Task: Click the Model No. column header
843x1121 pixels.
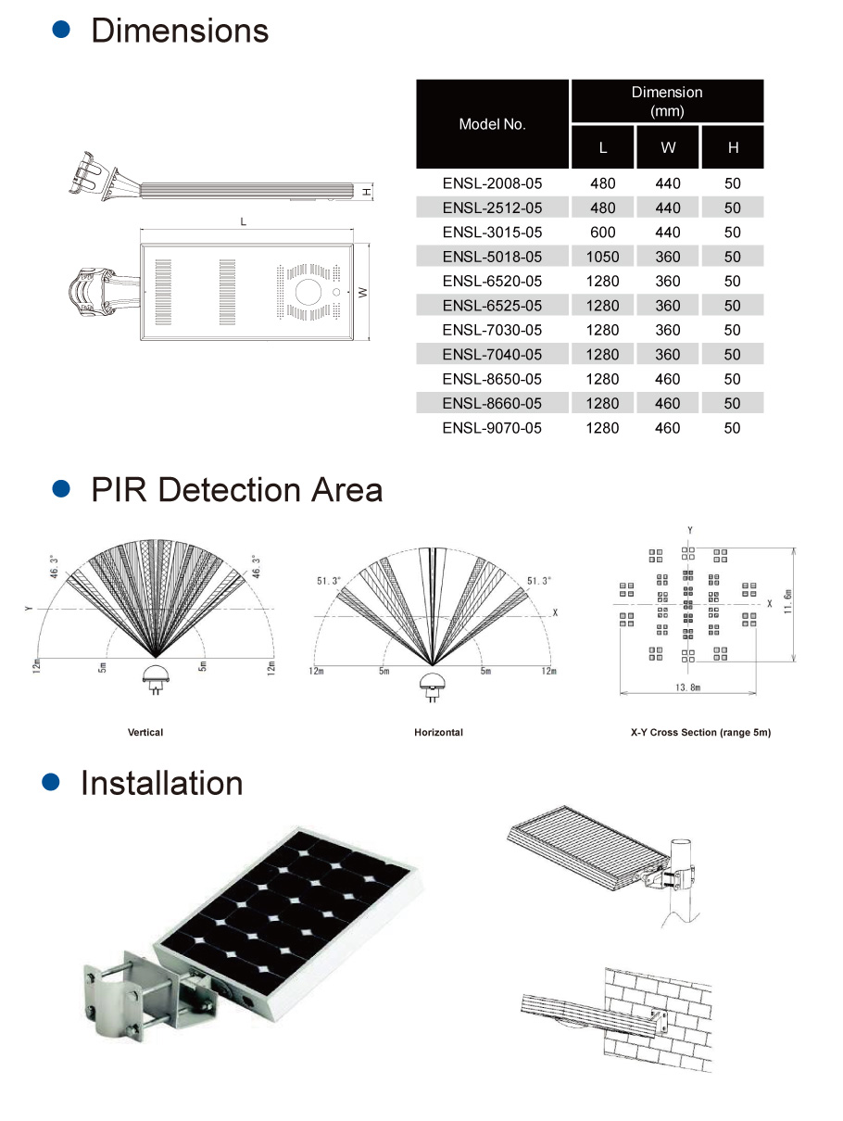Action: [492, 124]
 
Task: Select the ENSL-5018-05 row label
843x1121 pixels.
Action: [492, 257]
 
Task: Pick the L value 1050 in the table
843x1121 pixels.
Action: [602, 257]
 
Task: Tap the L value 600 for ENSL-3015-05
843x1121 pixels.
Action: [602, 233]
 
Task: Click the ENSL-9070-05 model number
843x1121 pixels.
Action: [492, 428]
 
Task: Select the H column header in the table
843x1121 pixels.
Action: [733, 147]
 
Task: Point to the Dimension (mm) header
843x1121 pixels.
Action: [667, 101]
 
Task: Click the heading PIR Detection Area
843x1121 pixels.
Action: [237, 489]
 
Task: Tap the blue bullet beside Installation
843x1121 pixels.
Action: [52, 783]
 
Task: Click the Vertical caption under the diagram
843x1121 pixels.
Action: [145, 733]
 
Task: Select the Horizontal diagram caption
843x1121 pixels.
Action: [438, 733]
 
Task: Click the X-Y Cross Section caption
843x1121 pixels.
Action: [700, 733]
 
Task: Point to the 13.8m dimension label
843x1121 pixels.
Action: [687, 688]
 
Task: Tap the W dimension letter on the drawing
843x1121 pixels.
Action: [364, 292]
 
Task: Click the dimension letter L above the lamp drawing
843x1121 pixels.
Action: [244, 222]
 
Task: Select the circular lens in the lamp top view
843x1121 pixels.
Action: [308, 293]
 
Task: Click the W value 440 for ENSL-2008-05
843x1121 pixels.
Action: [668, 183]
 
